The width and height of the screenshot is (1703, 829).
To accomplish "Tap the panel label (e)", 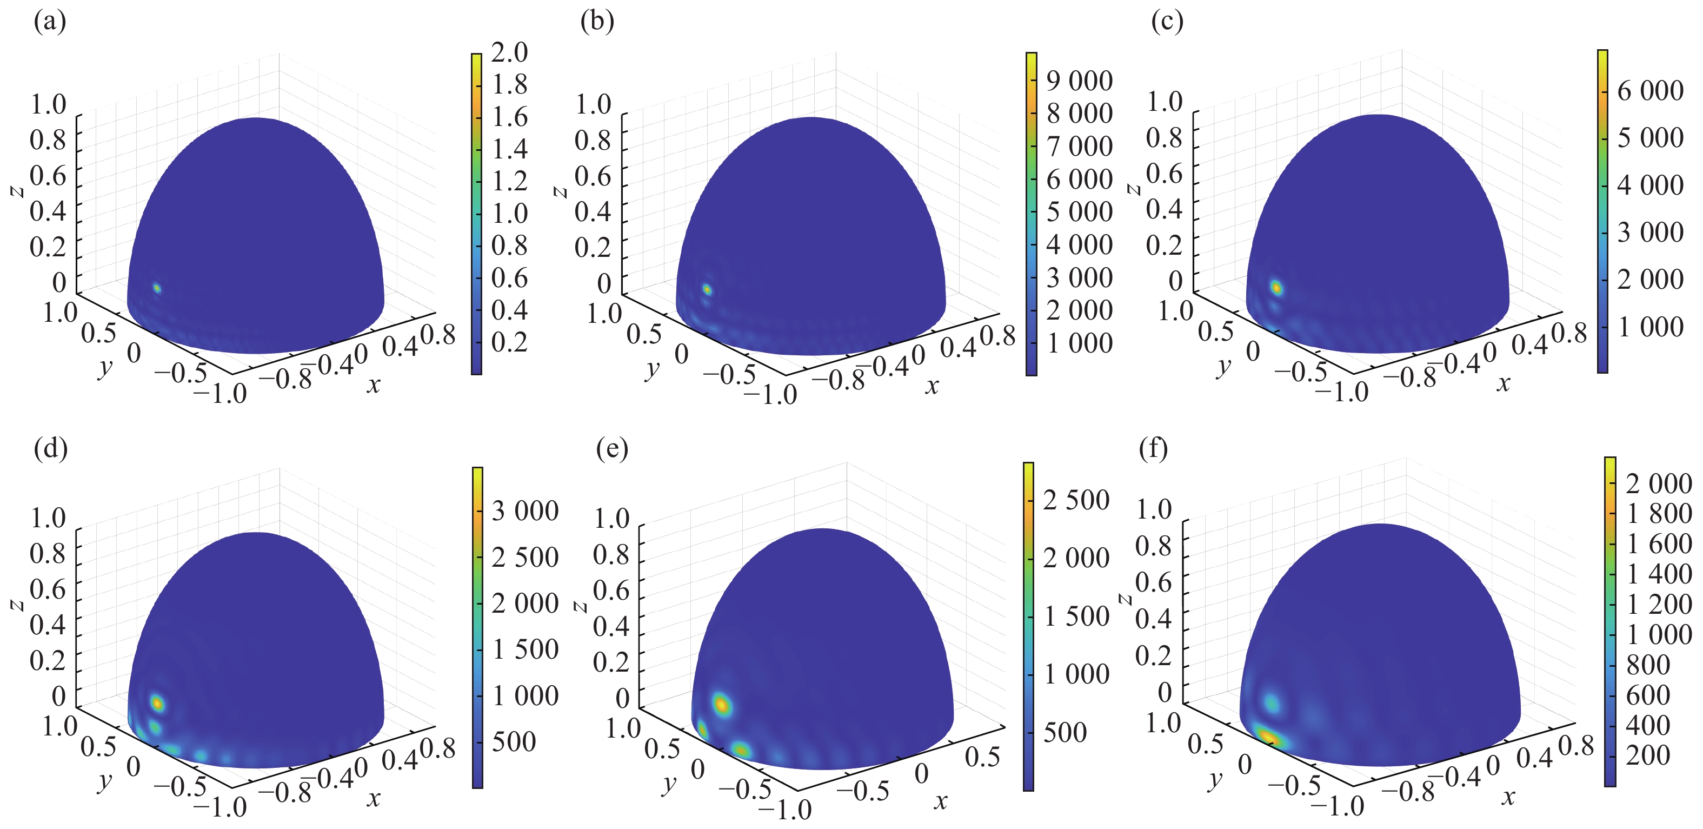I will [611, 449].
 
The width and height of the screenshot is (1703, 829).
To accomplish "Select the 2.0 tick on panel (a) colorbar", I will [509, 52].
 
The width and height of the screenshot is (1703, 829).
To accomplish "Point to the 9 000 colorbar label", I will [1079, 81].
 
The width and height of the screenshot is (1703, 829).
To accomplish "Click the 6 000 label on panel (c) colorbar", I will [1649, 90].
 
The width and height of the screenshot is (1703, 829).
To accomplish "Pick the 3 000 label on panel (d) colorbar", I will [525, 511].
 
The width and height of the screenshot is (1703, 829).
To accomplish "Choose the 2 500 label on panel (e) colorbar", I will [1076, 500].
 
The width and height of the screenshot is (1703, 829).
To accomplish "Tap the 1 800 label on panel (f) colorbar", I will [1659, 514].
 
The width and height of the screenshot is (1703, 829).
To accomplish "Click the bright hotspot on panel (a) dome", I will [157, 288].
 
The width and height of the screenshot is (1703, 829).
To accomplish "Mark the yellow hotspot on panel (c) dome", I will [1276, 288].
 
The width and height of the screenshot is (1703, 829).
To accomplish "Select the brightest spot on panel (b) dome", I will [707, 289].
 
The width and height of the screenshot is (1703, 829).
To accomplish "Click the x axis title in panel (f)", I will [1508, 797].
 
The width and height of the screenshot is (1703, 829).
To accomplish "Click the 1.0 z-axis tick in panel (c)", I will [1164, 101].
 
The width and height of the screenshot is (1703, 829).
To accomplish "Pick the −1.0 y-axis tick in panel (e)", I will [784, 809].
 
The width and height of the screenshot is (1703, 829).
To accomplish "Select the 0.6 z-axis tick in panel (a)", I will [48, 175].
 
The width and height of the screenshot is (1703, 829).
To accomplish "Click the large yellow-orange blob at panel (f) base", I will [1268, 736].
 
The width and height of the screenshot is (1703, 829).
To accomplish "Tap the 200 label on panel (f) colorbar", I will [1647, 755].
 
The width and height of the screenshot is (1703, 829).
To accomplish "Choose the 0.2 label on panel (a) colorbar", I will [509, 342].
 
